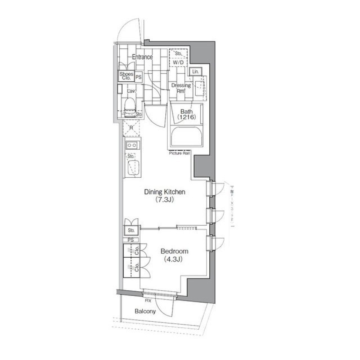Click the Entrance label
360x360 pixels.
142,57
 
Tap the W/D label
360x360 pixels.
178,62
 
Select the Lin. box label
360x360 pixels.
195,71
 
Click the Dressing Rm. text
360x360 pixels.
181,88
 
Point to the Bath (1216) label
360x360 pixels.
186,114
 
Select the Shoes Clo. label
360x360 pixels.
126,76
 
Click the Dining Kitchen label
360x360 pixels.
165,192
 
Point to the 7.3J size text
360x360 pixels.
165,200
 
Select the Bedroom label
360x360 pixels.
174,251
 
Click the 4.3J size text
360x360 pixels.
174,259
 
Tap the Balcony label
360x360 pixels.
145,311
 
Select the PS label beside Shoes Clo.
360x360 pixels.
138,77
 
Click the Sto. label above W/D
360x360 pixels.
178,54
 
